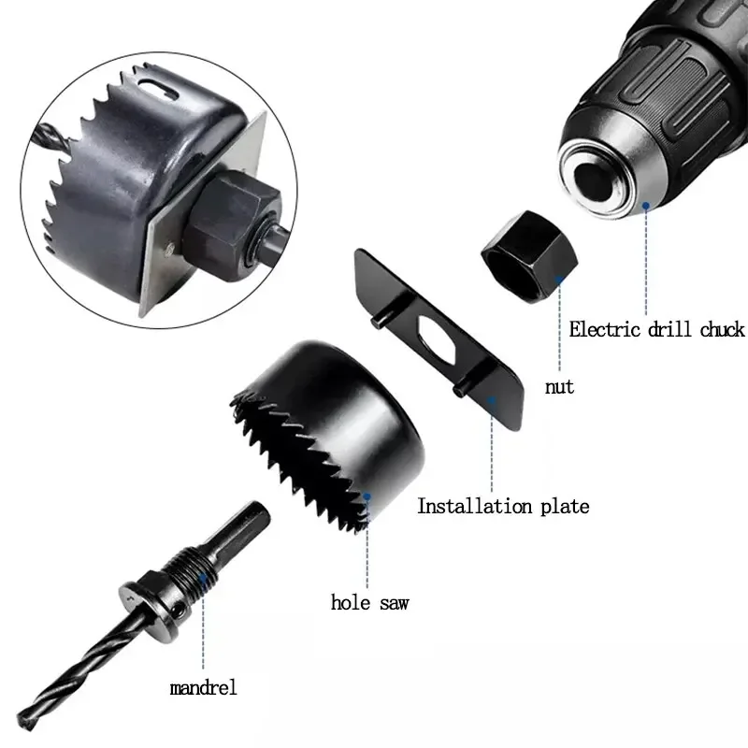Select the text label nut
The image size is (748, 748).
(x=559, y=385)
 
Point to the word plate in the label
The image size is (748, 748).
(x=565, y=507)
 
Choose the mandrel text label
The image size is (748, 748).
(x=203, y=688)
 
